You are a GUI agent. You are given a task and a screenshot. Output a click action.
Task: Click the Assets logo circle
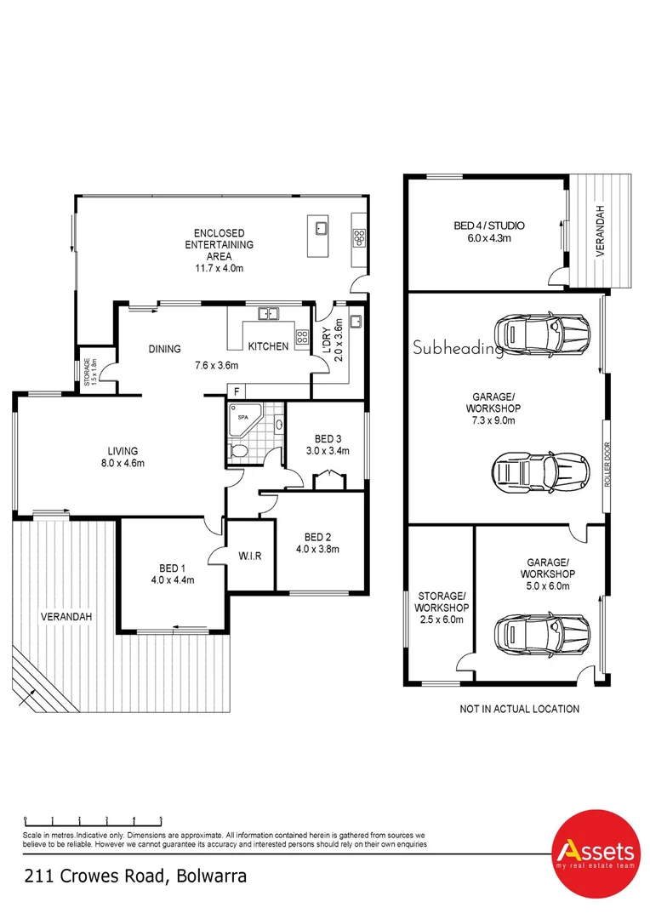[596, 854]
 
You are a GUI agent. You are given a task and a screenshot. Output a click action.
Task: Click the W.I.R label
[249, 556]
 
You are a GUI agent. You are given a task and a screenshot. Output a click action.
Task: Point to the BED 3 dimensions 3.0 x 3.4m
[328, 451]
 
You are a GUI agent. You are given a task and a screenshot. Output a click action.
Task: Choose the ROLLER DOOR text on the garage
[607, 464]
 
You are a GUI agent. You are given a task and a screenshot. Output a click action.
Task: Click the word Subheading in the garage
[458, 347]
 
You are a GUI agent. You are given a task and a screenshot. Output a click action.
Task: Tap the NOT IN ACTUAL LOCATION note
[519, 709]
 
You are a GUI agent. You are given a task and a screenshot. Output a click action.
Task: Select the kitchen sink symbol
[269, 313]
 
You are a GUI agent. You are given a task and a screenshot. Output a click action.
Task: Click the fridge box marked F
[237, 391]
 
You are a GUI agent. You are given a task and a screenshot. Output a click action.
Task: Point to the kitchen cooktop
[302, 336]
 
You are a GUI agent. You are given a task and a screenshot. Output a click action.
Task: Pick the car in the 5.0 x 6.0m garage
[542, 634]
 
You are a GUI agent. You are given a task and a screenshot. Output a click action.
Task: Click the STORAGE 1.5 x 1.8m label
[90, 372]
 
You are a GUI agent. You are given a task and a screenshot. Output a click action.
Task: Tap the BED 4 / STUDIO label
[489, 225]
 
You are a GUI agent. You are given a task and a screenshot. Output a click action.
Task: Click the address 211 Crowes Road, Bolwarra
[135, 876]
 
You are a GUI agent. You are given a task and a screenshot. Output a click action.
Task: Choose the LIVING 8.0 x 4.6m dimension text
[123, 463]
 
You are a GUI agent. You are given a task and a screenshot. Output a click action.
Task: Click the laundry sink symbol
[355, 322]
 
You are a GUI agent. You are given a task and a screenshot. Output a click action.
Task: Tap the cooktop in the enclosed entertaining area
[359, 237]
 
